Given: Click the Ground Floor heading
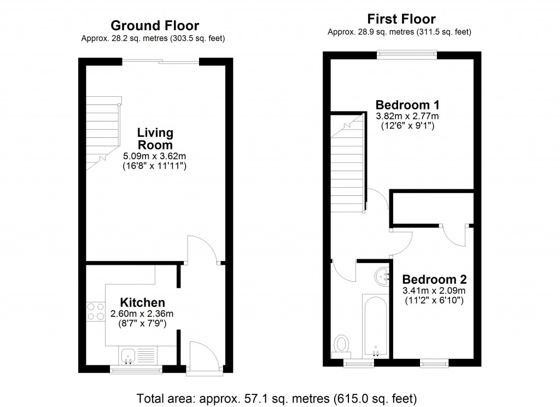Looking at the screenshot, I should coord(155,25).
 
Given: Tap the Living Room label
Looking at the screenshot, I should coord(155,139).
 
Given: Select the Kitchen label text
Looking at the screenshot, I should coord(142,303).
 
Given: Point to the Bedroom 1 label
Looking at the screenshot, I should coord(407,104).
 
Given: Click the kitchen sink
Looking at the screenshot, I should coord(129,355).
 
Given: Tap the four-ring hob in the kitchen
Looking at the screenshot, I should coord(95,311).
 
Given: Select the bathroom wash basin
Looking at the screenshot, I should coord(381,276).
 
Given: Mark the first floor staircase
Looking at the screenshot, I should coord(347,164).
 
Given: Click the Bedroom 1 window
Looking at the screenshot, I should coord(406,54).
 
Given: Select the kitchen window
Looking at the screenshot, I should coord(131,370).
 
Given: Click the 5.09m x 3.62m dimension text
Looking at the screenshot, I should coord(155,156).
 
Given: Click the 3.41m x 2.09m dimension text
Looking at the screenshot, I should coord(434,290).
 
